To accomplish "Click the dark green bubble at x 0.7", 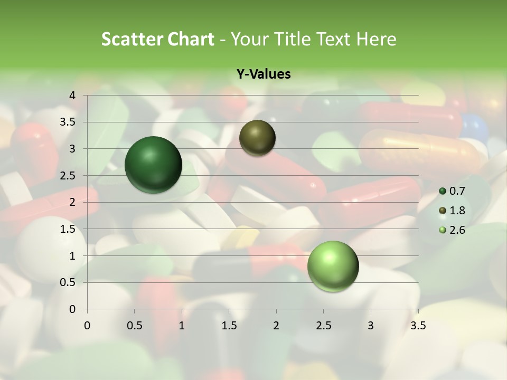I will [x=154, y=165].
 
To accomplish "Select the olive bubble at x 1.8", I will [x=257, y=138].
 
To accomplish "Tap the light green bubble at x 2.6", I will [x=333, y=266].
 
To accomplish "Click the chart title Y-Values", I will [x=264, y=74].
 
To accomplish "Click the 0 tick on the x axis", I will [x=87, y=326].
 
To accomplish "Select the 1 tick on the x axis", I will [x=182, y=326].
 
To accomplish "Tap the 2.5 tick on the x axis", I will [x=323, y=326].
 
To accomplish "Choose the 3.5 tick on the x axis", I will [x=418, y=326].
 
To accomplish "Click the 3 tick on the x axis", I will [x=371, y=326].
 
